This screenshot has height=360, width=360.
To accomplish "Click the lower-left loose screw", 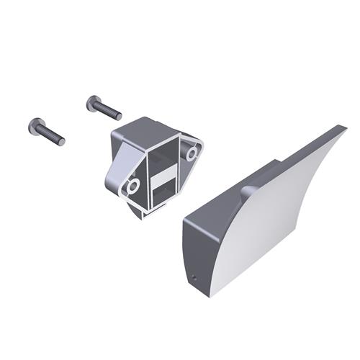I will coord(46,131).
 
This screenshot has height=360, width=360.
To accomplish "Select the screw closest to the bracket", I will coord(104,108).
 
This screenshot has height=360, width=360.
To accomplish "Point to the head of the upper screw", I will coord(93,103).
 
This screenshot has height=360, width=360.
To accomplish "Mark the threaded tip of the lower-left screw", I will coord(61,140).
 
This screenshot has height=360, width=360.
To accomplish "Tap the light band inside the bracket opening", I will coord(162,175).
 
